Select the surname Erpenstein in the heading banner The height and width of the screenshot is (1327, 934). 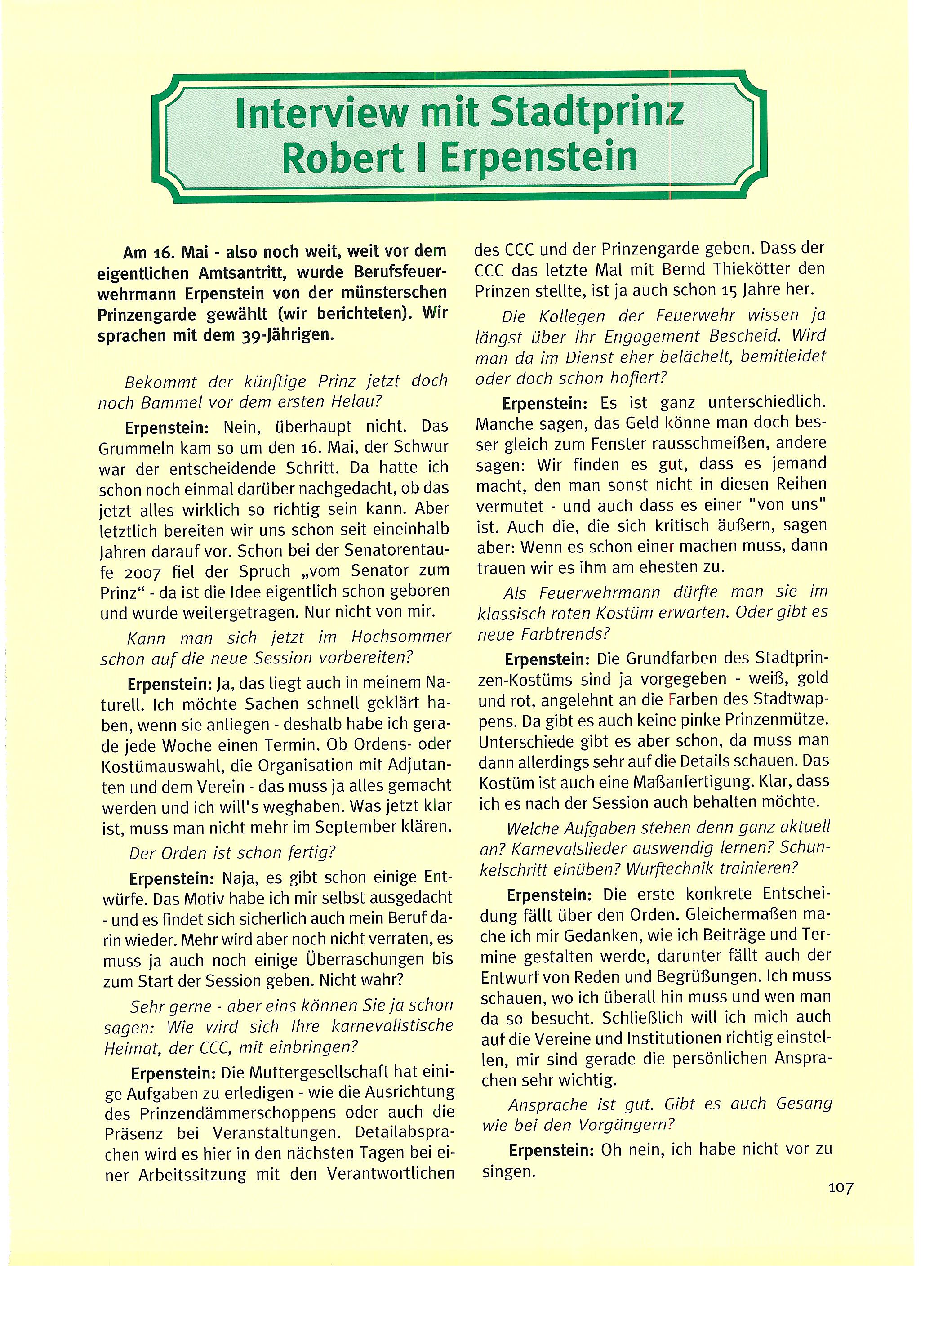[538, 158]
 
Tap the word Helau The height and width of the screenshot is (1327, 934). [356, 402]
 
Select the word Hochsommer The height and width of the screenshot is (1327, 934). [400, 637]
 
